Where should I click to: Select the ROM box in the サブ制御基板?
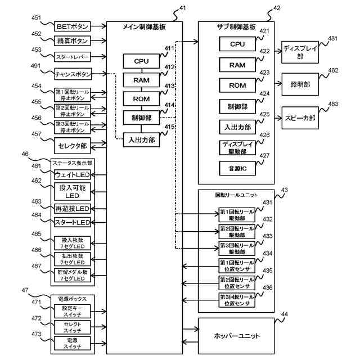coord(238,85)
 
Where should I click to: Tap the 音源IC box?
coord(238,168)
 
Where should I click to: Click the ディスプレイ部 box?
coord(299,53)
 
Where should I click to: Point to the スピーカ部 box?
coord(299,118)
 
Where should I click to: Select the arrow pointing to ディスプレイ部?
coord(278,53)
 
